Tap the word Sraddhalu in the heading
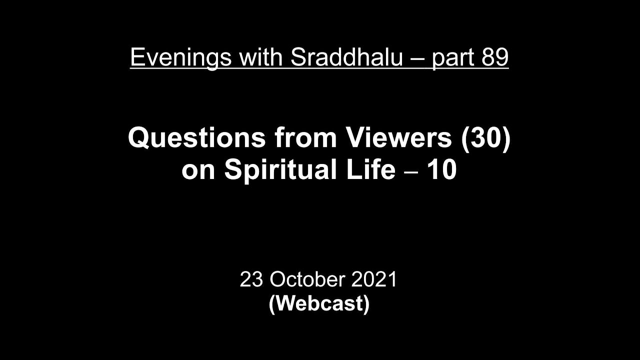point(346,58)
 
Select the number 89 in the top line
point(495,58)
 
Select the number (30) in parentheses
point(485,138)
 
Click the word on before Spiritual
point(199,170)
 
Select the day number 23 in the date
point(251,279)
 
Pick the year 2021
point(374,279)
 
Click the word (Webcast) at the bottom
point(319,304)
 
